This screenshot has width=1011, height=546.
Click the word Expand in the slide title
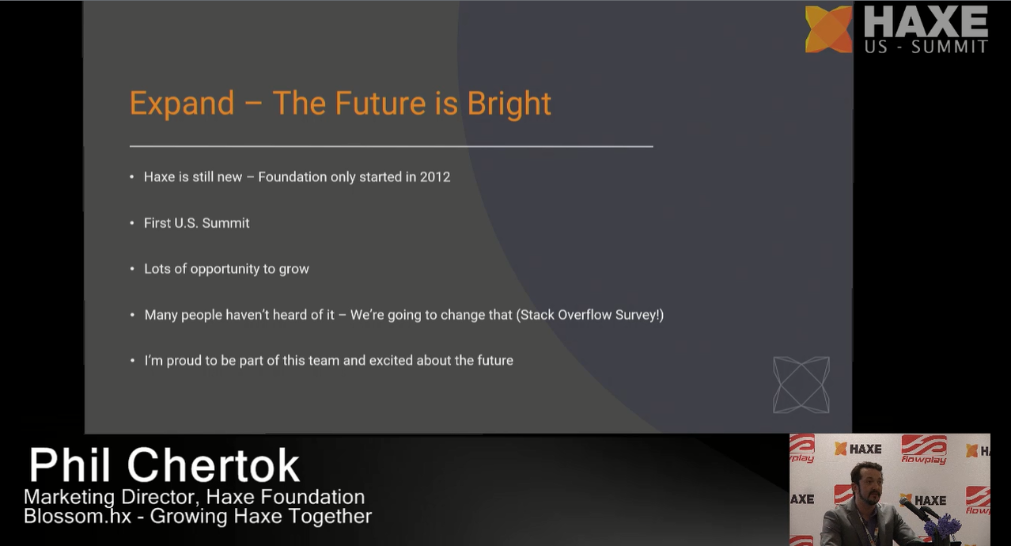[x=182, y=104]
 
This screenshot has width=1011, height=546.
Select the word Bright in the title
[x=509, y=104]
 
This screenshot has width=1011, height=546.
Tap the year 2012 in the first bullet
[x=435, y=176]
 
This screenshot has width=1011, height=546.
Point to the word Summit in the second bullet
[x=225, y=223]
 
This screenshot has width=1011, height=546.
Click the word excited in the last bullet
[x=391, y=360]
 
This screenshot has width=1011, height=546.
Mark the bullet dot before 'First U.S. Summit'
[x=132, y=223]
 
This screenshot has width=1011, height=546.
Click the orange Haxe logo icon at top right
[x=829, y=29]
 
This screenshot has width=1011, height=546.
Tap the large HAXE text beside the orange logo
[x=926, y=22]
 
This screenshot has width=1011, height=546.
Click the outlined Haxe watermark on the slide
[x=801, y=385]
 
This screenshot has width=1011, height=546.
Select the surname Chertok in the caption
[x=213, y=465]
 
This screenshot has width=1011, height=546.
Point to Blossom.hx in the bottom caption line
[x=78, y=516]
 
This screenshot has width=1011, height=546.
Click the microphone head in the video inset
[x=905, y=502]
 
